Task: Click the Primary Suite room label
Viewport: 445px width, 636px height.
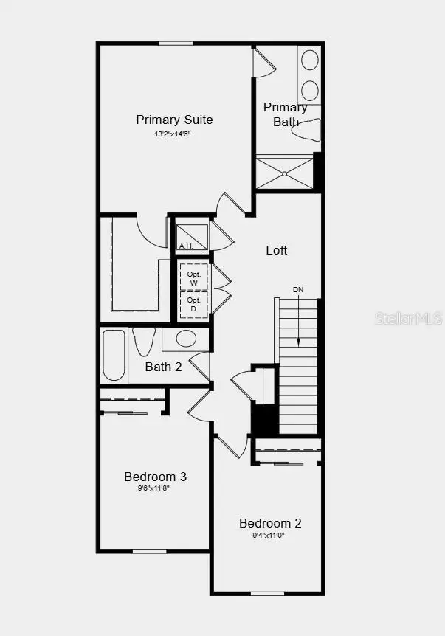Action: tap(174, 120)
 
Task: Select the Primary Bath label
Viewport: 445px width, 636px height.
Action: tap(286, 114)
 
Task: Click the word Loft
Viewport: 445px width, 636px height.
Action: tap(277, 250)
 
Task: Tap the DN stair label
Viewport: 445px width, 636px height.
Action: tap(298, 290)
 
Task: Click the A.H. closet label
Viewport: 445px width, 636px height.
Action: tap(185, 246)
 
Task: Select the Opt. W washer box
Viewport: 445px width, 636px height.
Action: tap(194, 277)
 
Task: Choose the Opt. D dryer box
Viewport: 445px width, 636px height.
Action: tap(194, 304)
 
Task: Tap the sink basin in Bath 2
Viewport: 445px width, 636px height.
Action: tap(186, 339)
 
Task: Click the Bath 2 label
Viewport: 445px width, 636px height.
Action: tap(163, 367)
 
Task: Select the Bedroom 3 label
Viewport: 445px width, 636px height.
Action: tap(155, 477)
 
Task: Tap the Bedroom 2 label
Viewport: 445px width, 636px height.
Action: tap(270, 523)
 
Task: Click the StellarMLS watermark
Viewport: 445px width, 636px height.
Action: tap(408, 318)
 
